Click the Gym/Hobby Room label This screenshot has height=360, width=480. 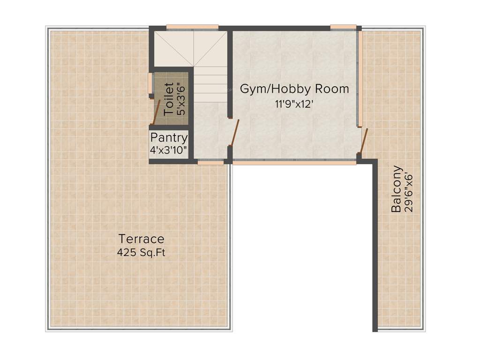point(294,89)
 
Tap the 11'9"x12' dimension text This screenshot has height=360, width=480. point(294,104)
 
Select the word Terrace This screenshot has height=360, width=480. point(141,239)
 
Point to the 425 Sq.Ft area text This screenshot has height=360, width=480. point(141,253)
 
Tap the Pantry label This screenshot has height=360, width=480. point(169,138)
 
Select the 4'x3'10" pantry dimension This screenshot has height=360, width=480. point(169,150)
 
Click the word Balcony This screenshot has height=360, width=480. point(397,188)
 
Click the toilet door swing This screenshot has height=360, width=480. point(157,112)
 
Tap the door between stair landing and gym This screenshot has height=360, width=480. point(235,133)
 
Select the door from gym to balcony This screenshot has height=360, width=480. point(364,140)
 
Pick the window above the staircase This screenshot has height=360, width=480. point(192,27)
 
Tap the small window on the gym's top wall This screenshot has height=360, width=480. point(343,27)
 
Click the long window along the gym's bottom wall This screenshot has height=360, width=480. point(294,162)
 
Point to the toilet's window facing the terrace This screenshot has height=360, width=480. point(150,83)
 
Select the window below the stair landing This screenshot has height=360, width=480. point(210,162)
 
